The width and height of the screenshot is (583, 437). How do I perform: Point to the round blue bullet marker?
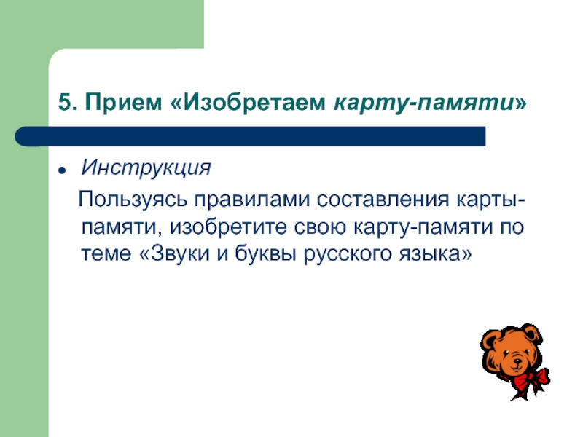63,170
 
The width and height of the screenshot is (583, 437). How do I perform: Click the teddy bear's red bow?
528,378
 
